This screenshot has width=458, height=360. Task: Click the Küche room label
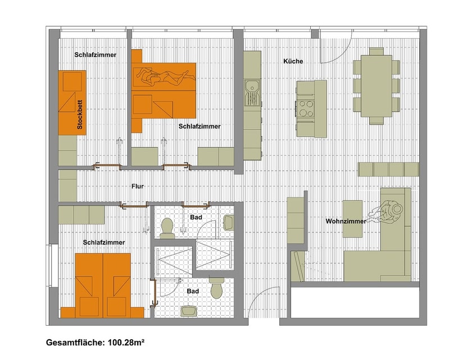point(293,61)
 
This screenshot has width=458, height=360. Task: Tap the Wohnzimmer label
point(346,221)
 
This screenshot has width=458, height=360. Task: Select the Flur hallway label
point(138,186)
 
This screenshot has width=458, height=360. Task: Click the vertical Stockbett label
point(79,115)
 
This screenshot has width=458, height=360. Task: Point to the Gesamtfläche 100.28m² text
point(95,342)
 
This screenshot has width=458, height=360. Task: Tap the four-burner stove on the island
point(306,108)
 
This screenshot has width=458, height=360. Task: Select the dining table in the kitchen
point(376,86)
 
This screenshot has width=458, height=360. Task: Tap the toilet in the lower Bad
point(216,288)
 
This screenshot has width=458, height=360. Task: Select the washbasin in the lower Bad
point(189,310)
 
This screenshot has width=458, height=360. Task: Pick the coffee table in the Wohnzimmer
point(352,219)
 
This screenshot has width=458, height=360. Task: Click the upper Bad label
point(196,217)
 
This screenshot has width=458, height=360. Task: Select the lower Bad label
point(193,291)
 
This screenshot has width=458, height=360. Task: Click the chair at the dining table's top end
point(376,52)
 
